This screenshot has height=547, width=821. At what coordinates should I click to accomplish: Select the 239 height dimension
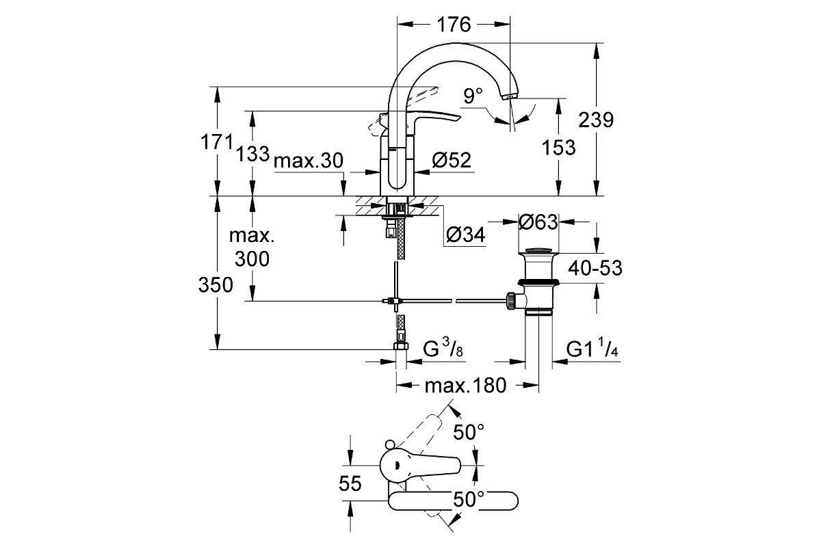click(596, 120)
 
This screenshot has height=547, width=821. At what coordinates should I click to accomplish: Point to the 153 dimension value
click(559, 146)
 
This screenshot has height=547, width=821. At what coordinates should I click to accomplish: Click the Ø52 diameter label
click(452, 160)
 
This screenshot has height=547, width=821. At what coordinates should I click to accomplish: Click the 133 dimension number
click(253, 153)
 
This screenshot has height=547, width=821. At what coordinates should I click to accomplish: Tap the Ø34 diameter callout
click(465, 235)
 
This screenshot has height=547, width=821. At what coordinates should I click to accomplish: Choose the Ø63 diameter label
click(538, 222)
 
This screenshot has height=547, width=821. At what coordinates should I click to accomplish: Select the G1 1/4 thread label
click(592, 350)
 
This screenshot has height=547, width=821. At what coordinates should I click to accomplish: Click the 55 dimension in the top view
click(350, 484)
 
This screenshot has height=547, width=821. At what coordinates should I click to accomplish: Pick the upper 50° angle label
click(469, 432)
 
